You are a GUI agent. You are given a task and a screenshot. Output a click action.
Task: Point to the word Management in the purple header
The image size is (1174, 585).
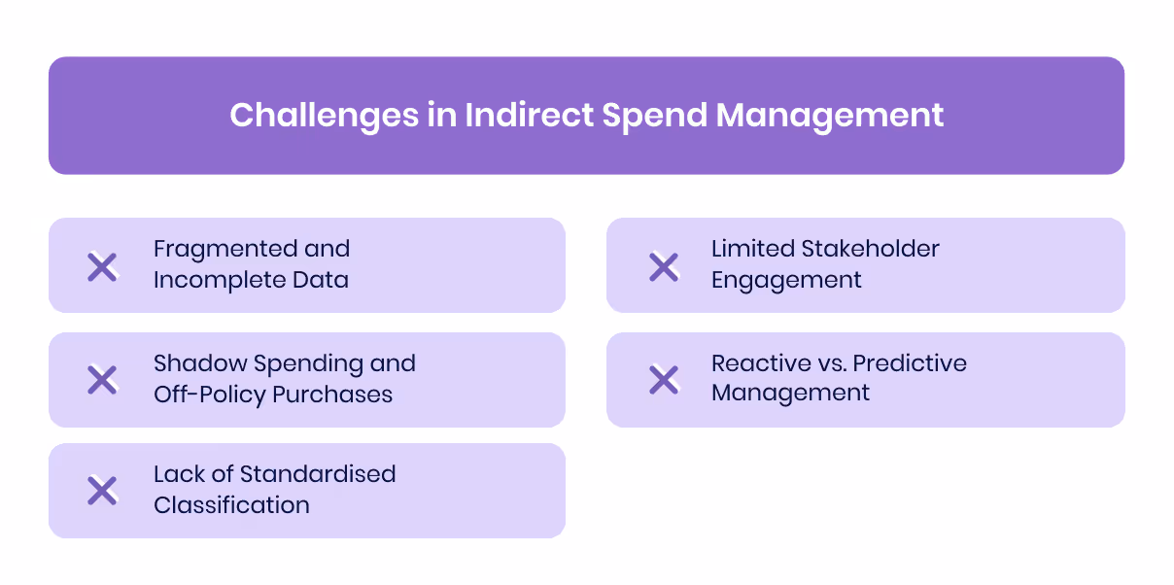pyautogui.click(x=830, y=116)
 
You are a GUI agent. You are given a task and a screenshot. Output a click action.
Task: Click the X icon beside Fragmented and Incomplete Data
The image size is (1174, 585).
pyautogui.click(x=102, y=266)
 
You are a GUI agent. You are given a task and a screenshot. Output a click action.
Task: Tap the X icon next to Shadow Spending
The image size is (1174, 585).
pyautogui.click(x=102, y=380)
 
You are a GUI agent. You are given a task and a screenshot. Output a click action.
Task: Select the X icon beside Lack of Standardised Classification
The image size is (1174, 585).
pyautogui.click(x=102, y=491)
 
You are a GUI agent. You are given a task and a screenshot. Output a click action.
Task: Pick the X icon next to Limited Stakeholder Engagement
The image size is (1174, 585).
pyautogui.click(x=664, y=266)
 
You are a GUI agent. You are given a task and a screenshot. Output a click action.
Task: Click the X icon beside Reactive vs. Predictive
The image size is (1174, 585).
pyautogui.click(x=664, y=380)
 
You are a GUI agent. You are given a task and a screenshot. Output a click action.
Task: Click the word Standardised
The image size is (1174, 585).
pyautogui.click(x=318, y=474)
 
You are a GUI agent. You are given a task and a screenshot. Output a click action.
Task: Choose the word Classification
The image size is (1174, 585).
pyautogui.click(x=231, y=505)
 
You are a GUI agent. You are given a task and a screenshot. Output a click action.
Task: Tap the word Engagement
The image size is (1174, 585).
pyautogui.click(x=786, y=281)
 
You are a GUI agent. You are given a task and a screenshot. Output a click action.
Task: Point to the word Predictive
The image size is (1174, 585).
pyautogui.click(x=910, y=363)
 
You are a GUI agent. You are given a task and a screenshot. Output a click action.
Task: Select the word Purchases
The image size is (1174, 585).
pyautogui.click(x=335, y=395)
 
